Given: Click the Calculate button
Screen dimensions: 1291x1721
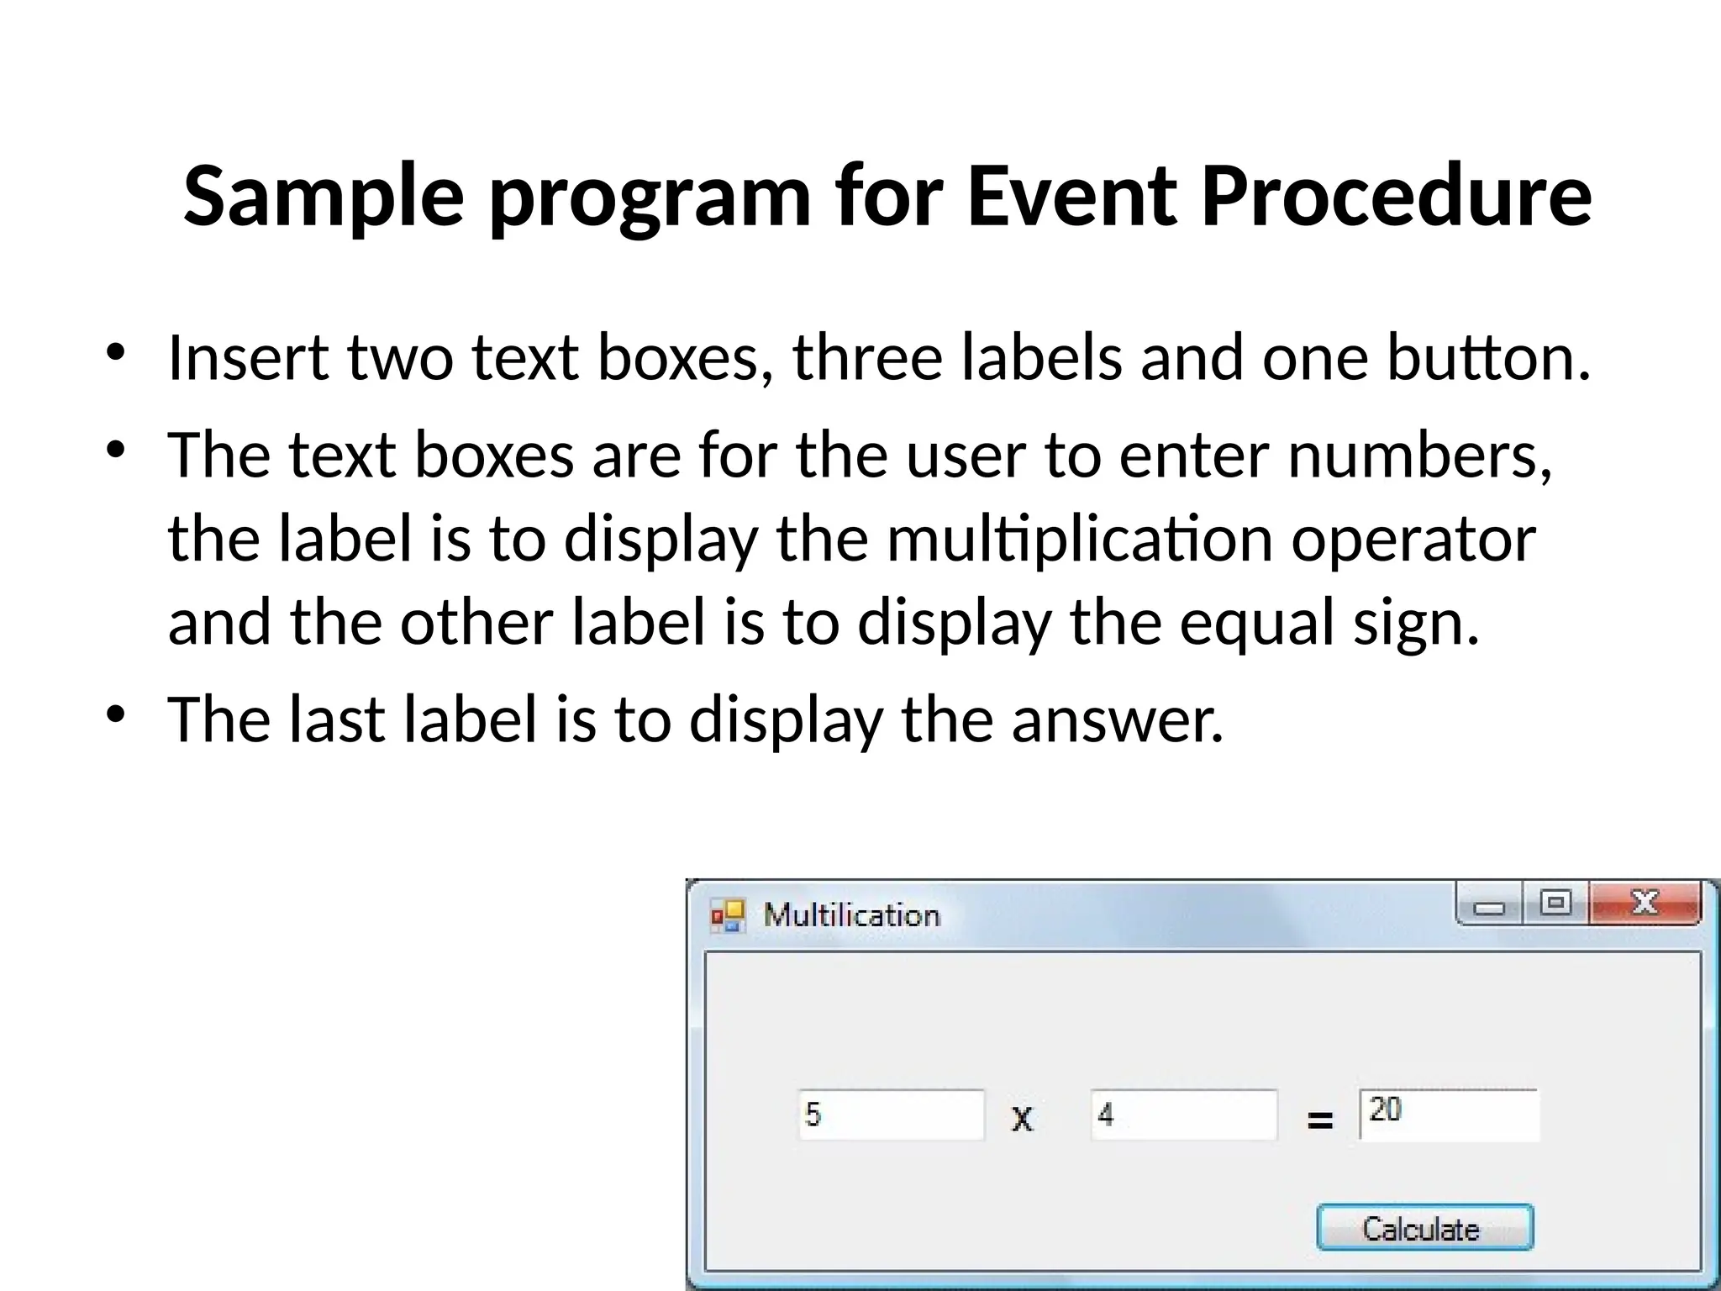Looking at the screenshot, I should coord(1424,1228).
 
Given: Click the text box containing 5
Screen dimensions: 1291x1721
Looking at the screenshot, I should coord(891,1115).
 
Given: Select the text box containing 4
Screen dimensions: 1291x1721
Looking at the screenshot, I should coord(1183,1115).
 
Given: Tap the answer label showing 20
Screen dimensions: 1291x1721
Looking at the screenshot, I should coord(1449,1114).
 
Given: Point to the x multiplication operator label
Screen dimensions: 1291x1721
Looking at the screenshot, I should coord(1022,1118).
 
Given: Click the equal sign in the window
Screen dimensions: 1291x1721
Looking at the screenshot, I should coord(1319,1120).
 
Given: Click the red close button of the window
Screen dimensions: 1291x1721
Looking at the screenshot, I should coord(1645,904).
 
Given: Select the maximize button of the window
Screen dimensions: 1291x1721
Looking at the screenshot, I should coord(1555,904).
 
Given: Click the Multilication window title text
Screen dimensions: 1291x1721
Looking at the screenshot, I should coord(851,915).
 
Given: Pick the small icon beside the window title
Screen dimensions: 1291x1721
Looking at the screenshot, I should coord(728,915).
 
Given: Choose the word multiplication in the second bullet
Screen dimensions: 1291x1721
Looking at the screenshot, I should coord(1079,539).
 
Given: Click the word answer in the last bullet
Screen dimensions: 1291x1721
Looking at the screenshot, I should coord(1117,720).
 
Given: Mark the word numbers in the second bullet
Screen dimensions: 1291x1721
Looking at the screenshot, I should coord(1419,455).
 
